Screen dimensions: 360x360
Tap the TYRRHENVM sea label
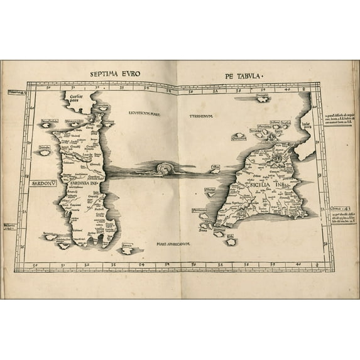[200, 116]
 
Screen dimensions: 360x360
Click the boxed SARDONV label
[43, 184]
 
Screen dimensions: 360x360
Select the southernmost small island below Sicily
[231, 241]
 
